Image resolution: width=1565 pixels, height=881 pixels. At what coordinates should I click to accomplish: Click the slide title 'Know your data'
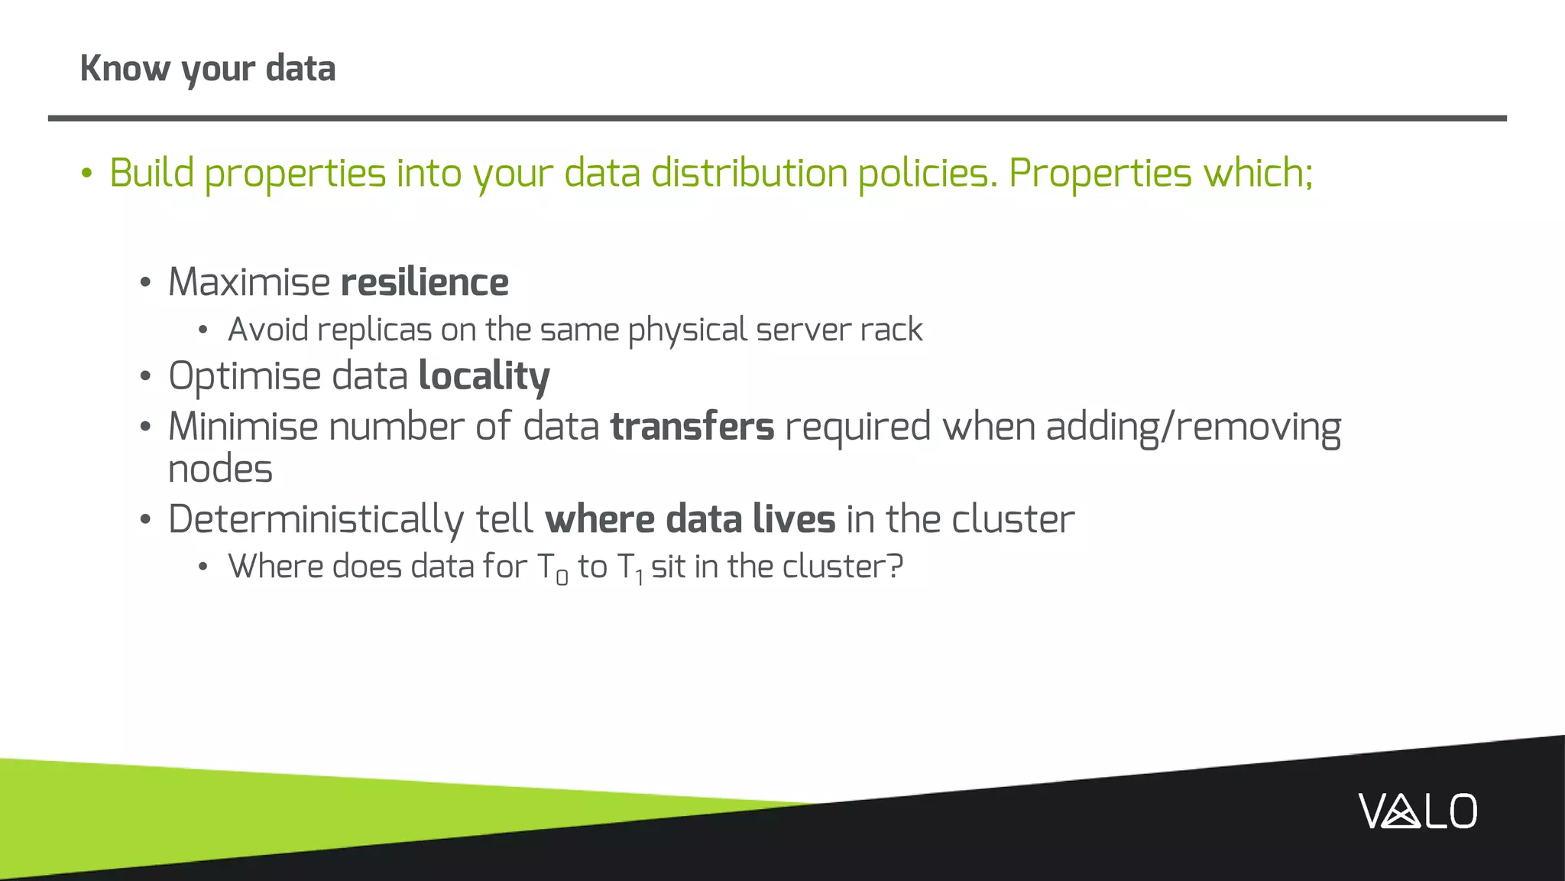point(208,69)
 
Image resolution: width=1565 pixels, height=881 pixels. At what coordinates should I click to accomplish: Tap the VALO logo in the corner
point(1418,811)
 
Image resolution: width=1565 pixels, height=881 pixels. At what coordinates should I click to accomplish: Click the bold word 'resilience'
point(425,282)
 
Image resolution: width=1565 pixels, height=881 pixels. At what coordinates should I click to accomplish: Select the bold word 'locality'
point(484,376)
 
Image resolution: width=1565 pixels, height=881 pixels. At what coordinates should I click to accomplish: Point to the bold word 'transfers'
point(692,427)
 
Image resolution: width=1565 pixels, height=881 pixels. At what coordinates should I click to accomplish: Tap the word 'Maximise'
point(249,282)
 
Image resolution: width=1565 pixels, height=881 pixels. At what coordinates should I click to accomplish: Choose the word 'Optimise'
point(245,376)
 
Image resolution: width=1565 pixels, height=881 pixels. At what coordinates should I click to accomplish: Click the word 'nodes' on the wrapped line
point(220,470)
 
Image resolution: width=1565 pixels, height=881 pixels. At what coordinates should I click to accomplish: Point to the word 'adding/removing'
point(1193,427)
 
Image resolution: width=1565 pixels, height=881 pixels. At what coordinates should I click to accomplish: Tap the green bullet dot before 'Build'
point(87,174)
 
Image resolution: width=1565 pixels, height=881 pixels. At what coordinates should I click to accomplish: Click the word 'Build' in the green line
point(152,173)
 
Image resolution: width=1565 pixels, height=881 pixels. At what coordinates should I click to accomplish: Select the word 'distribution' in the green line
point(749,173)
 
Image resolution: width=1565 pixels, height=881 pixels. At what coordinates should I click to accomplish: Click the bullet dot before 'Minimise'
point(146,427)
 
